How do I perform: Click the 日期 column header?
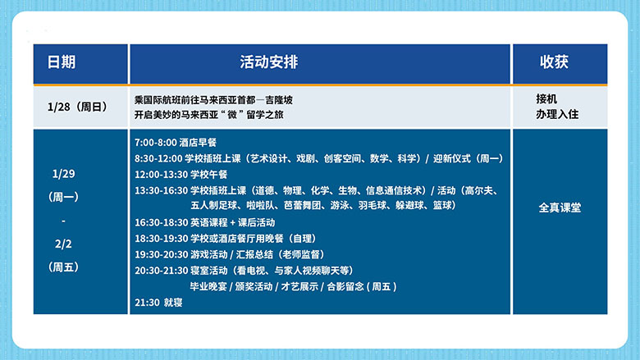(x=62, y=62)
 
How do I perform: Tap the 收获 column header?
(x=554, y=62)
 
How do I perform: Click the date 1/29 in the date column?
(x=62, y=174)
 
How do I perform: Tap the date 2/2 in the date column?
(x=62, y=244)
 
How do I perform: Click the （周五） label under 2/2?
(x=63, y=267)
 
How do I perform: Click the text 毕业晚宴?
(x=209, y=285)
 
